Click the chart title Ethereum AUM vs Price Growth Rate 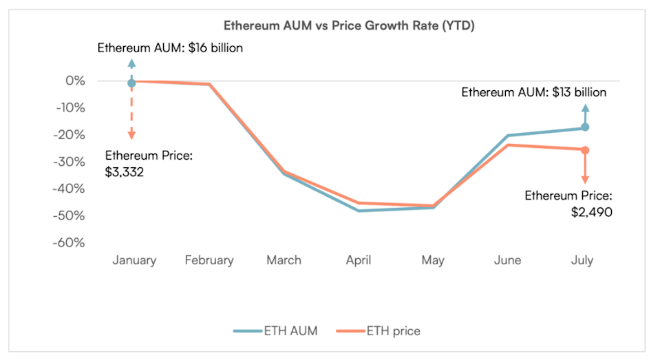[330, 25]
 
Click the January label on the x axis [134, 260]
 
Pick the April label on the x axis [359, 260]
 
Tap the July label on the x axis [582, 260]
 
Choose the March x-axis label [284, 260]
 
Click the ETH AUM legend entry [275, 331]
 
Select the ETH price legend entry [378, 331]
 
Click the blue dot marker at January [131, 83]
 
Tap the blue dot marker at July [585, 127]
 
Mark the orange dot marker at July [585, 150]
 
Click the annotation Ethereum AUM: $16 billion [170, 49]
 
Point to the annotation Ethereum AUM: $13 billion [533, 92]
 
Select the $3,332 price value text [124, 172]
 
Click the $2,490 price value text [591, 212]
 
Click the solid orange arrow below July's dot [585, 168]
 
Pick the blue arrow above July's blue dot [585, 114]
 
